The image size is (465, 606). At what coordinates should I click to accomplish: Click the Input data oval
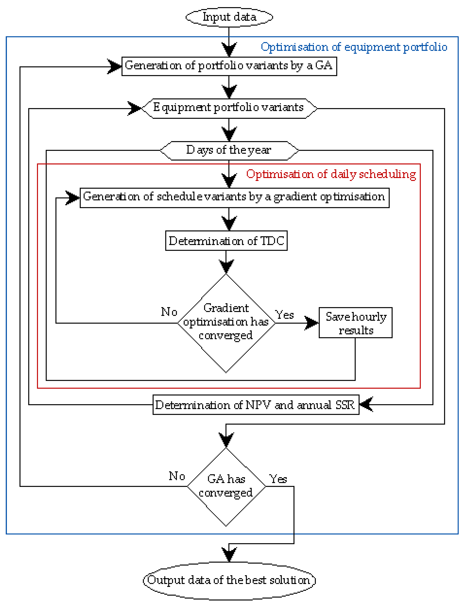pos(229,17)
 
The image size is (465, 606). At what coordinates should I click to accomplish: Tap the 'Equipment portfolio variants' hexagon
pos(229,108)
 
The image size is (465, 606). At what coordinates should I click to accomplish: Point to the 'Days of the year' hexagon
pos(229,151)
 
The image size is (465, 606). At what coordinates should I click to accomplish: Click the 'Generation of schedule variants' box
pos(234,198)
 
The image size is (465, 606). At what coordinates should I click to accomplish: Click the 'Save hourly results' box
pos(355,322)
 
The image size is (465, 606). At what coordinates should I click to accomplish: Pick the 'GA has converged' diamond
pos(226,487)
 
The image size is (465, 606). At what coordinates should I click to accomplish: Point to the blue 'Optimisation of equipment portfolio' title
pos(354,47)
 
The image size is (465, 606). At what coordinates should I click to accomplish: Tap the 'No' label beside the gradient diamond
pos(169,312)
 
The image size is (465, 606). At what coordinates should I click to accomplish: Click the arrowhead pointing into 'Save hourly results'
pos(312,323)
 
